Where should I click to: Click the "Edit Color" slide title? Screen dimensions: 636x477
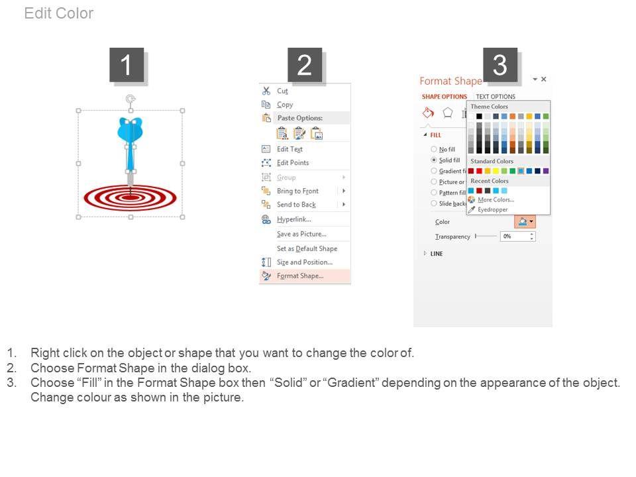[59, 13]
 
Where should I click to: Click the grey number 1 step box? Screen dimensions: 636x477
[127, 65]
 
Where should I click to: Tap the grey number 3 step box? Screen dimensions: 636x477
[500, 65]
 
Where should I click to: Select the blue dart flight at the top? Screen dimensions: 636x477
[130, 129]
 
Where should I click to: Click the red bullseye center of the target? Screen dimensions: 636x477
[131, 197]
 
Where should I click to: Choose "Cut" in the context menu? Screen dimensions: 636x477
[282, 91]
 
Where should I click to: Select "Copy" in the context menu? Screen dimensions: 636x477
[285, 105]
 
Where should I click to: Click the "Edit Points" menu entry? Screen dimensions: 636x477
[293, 163]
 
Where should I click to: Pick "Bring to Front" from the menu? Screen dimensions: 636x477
[297, 191]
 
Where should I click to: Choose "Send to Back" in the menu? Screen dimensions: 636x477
[296, 205]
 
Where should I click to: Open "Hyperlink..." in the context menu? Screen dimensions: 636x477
[294, 219]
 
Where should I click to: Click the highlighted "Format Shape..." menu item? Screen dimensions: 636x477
[300, 276]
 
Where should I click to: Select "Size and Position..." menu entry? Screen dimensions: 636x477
[305, 262]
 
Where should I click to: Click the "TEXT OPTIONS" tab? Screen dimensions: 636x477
[496, 97]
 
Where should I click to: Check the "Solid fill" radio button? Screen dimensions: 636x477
[434, 160]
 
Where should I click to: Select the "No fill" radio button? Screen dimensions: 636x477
[434, 149]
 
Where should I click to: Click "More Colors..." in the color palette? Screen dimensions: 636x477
[496, 199]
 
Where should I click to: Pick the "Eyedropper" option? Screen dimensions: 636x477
[492, 210]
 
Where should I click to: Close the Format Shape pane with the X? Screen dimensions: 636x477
[543, 79]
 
